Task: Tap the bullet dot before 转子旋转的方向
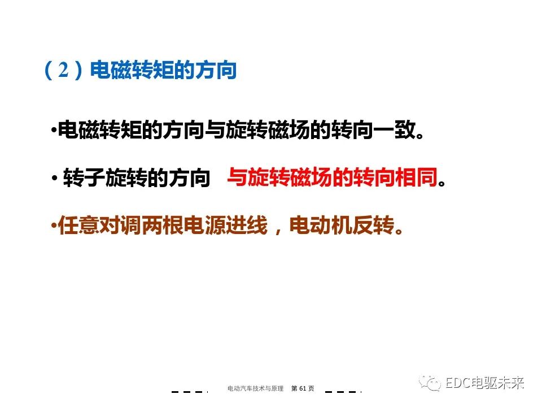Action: (54, 180)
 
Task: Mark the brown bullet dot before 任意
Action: (54, 227)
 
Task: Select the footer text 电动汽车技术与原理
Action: (255, 388)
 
